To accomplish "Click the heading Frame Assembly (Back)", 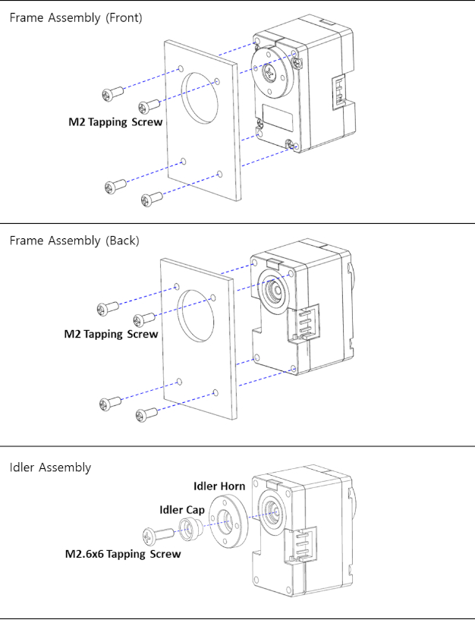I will tap(74, 241).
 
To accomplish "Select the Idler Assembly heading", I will tap(50, 467).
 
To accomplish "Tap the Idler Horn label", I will tap(219, 486).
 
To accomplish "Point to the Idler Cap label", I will tap(181, 510).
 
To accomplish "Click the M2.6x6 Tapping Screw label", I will tap(123, 554).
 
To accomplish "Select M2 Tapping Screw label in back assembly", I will tap(111, 334).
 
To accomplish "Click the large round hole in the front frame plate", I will tap(203, 97).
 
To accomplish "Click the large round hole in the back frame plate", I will tap(198, 313).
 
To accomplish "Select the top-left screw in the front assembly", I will tap(112, 93).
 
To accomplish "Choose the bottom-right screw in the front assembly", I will tap(152, 200).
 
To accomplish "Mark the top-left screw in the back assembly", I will tap(107, 308).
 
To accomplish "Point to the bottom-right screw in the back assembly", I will tap(146, 414).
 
